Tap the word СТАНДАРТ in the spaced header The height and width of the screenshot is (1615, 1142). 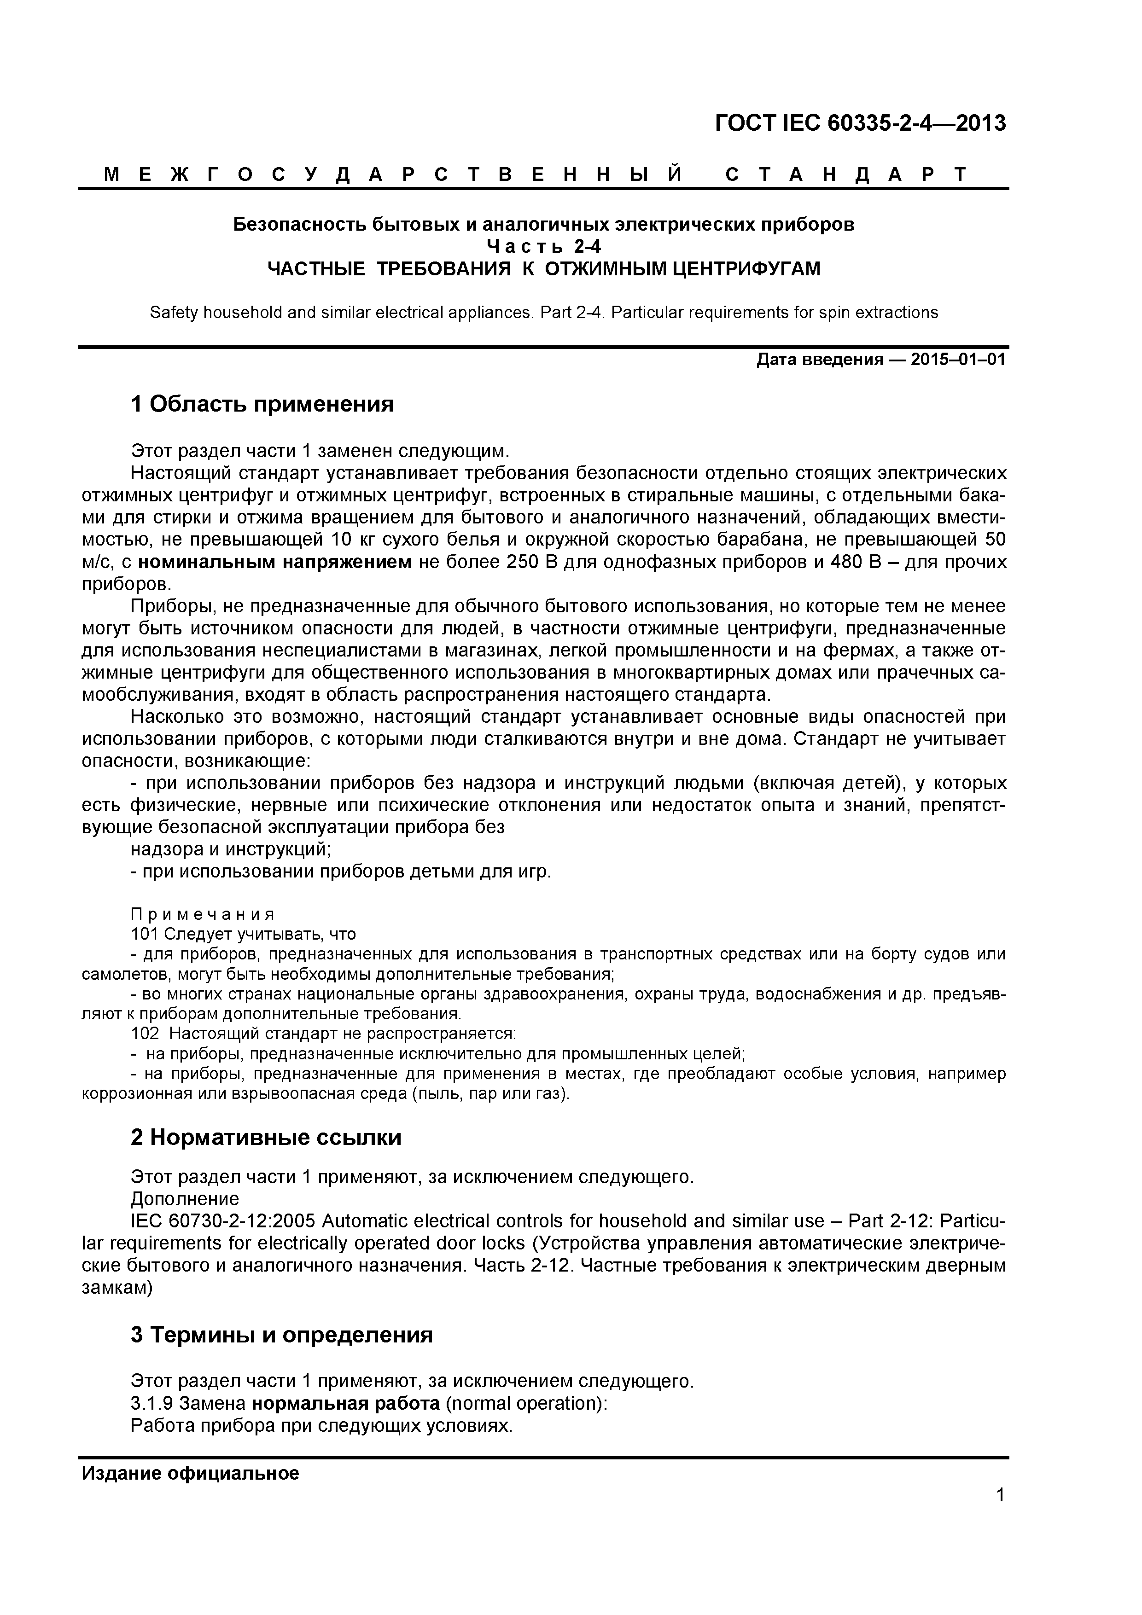[846, 174]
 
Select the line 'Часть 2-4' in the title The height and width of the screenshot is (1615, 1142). [544, 246]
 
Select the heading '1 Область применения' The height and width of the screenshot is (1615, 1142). [262, 405]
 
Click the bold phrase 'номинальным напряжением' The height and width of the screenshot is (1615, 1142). [274, 563]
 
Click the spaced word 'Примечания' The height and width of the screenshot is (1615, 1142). [203, 914]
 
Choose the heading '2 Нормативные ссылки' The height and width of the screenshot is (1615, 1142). [266, 1138]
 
